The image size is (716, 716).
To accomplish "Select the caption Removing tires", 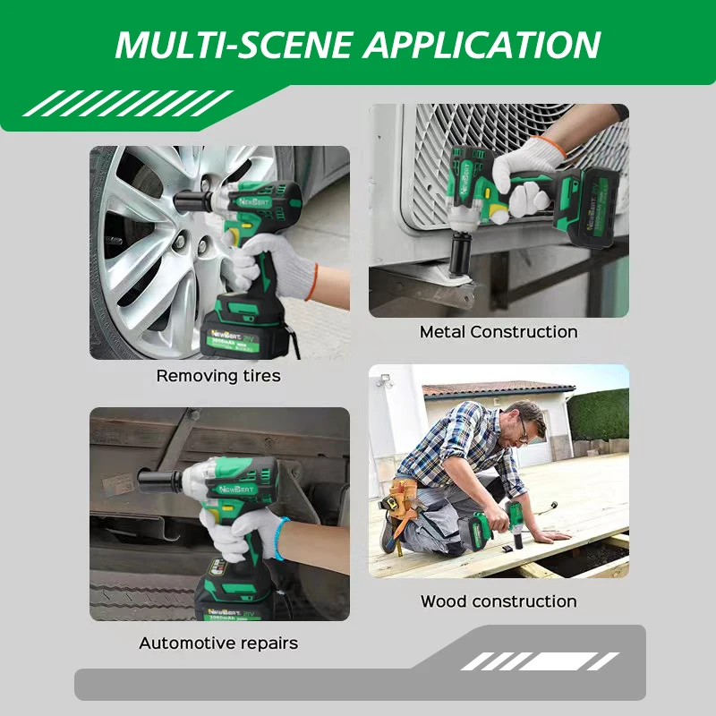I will coord(218,376).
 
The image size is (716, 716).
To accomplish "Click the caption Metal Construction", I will coord(499,332).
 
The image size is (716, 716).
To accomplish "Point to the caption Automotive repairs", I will coord(218,643).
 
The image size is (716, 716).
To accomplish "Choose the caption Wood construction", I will coord(499,601).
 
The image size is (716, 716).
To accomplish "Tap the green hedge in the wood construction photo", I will coord(598,413).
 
